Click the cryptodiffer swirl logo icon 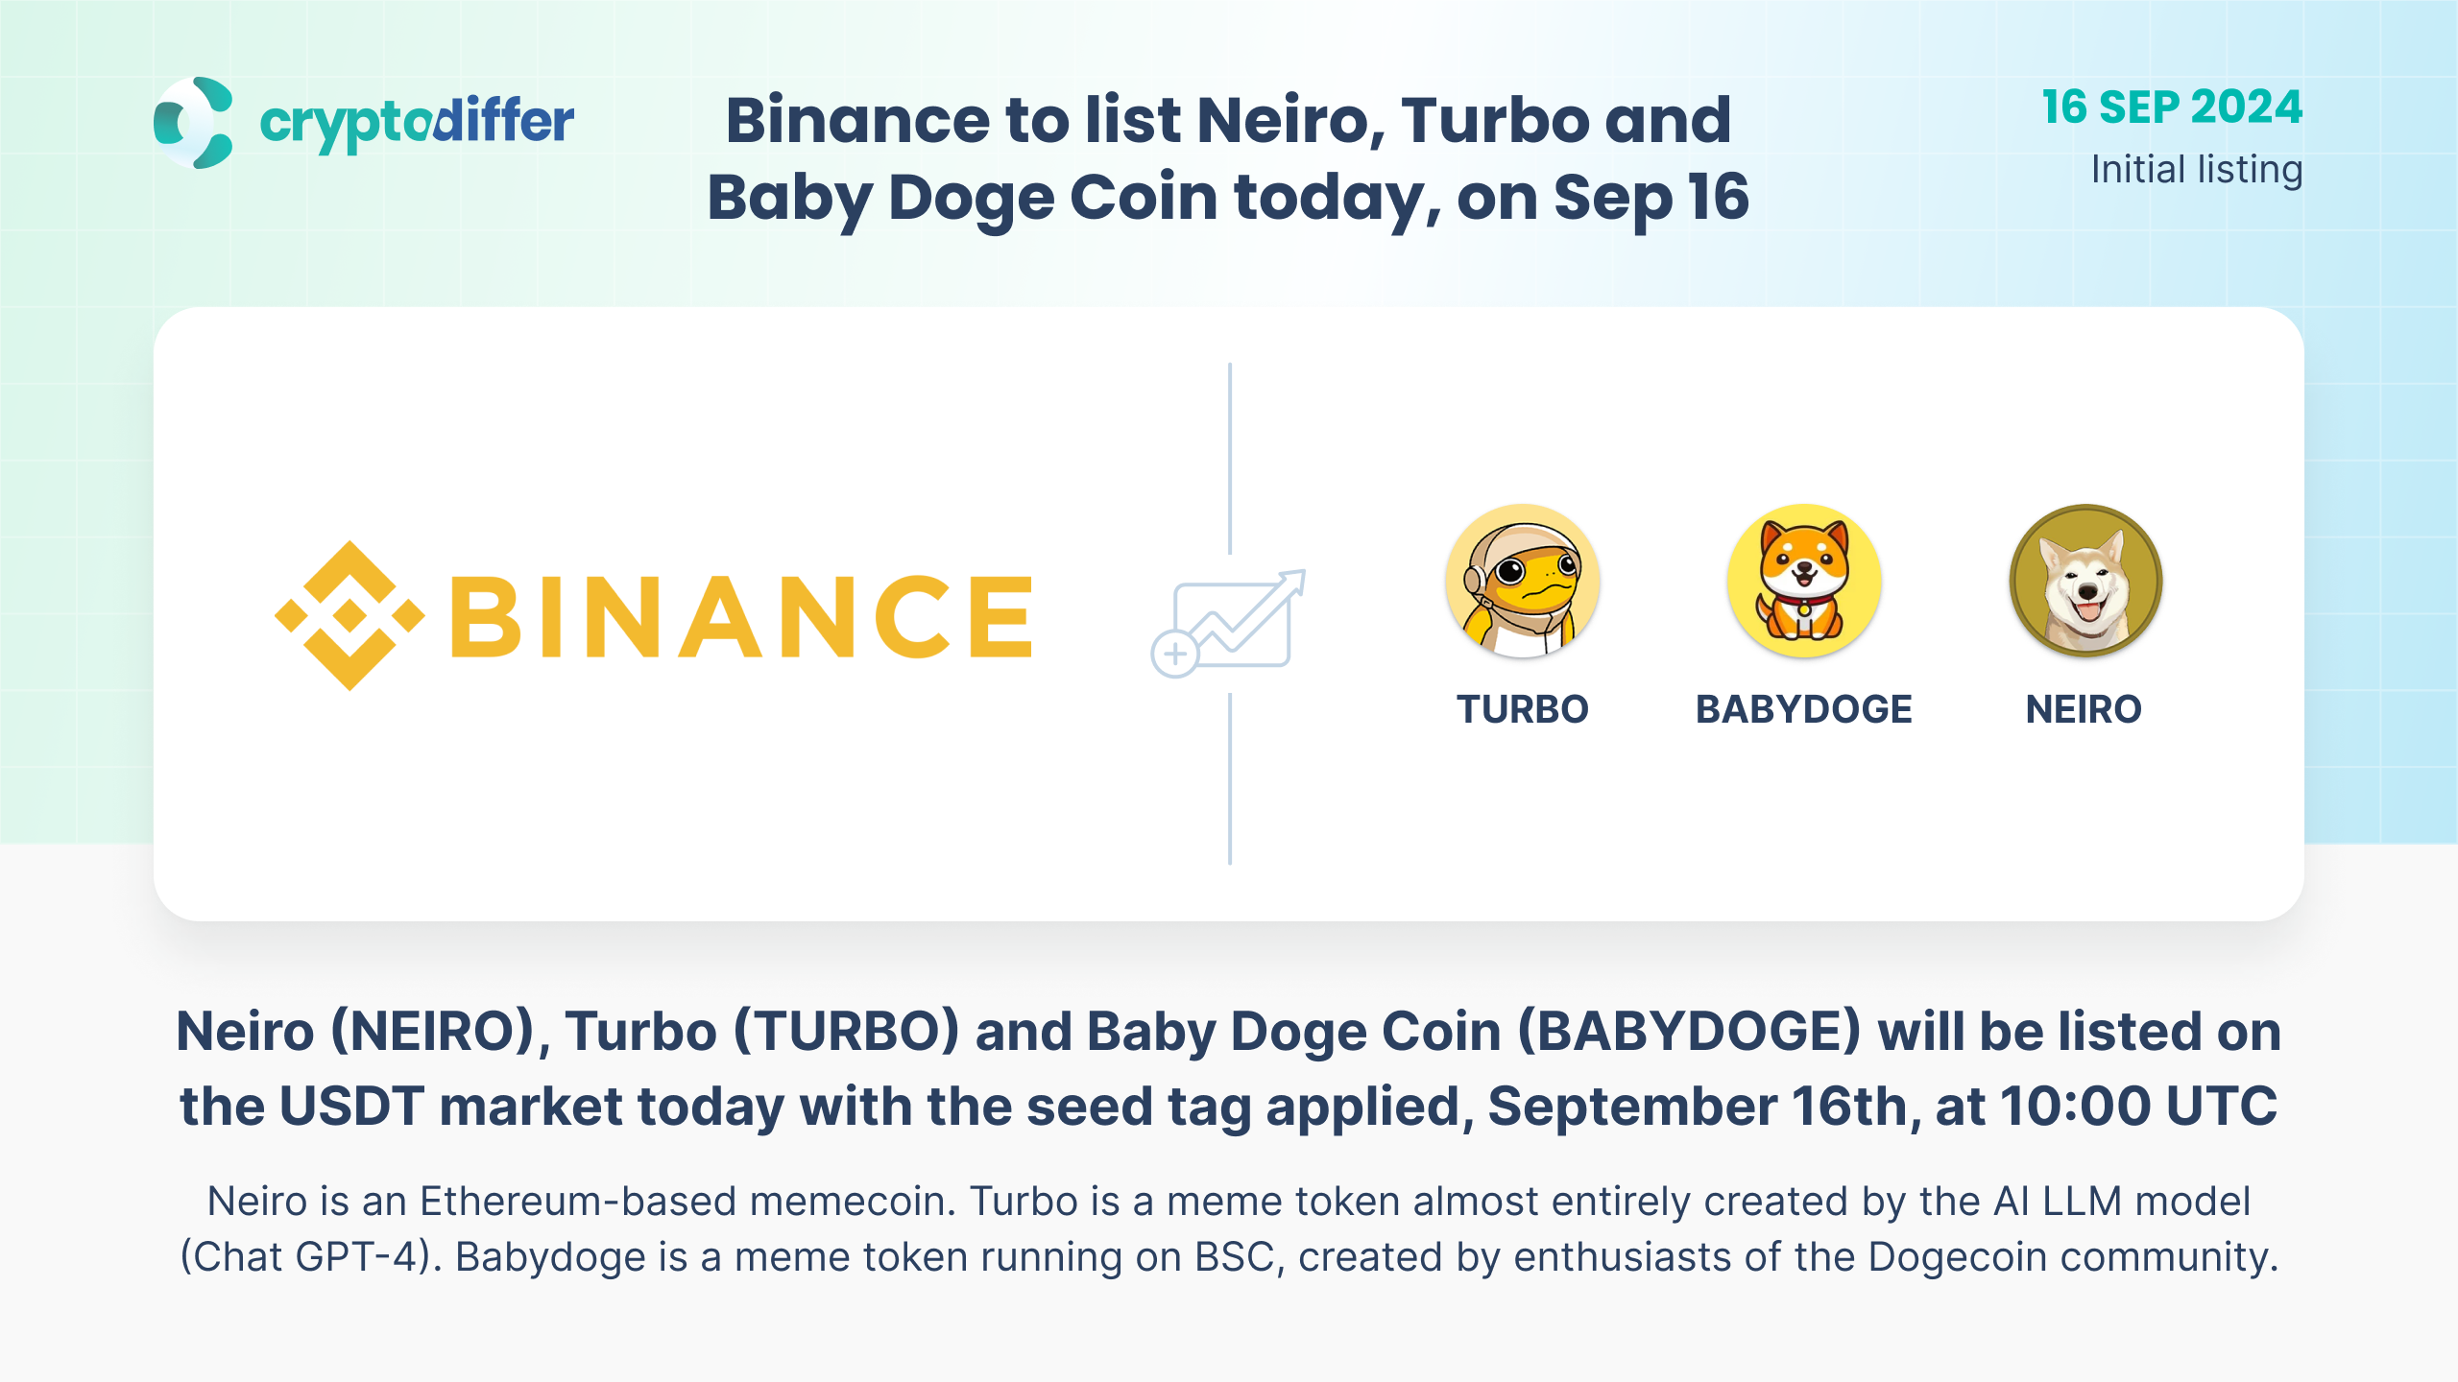coord(193,122)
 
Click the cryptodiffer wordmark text coord(417,124)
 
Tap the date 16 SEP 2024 coord(2172,107)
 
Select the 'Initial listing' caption coord(2197,170)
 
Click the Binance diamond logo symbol coord(349,615)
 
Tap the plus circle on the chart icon coord(1174,655)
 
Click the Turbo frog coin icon coord(1523,581)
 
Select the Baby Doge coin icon coord(1804,581)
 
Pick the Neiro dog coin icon coord(2085,581)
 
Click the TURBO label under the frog coord(1523,709)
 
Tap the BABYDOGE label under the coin coord(1804,709)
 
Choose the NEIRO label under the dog coord(2084,709)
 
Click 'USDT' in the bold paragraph coord(351,1106)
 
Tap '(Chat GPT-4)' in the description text coord(311,1257)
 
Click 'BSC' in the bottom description coord(1240,1257)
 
